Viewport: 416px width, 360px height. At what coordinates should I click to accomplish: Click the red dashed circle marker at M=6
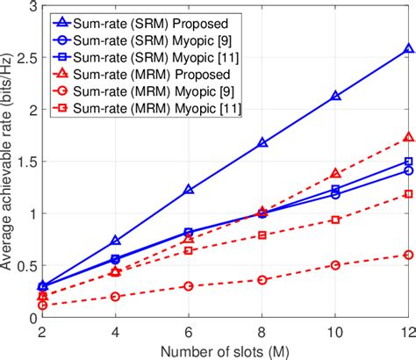click(x=164, y=285)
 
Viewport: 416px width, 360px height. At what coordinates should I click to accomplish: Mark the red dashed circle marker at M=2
click(x=42, y=305)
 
